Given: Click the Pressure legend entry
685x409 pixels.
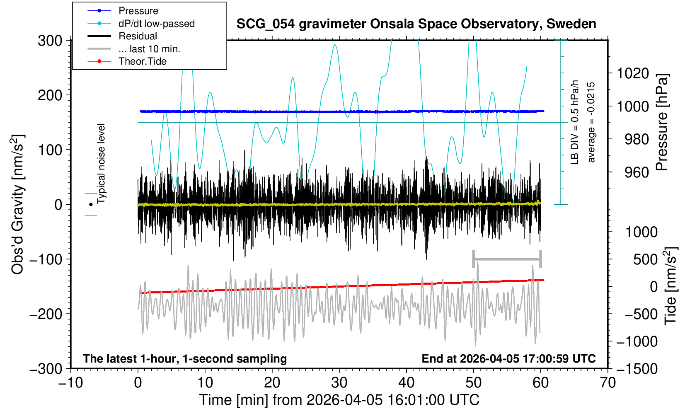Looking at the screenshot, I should (x=138, y=11).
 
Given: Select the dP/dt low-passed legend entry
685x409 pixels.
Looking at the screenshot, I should (x=156, y=24).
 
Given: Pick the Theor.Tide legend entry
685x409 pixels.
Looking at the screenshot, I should (x=142, y=61).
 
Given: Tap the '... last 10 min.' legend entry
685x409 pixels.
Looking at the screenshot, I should (x=149, y=49).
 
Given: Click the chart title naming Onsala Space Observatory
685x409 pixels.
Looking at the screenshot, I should (x=416, y=24).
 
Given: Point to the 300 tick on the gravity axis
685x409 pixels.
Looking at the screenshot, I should (x=50, y=41).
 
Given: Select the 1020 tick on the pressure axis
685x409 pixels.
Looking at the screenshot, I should (x=633, y=73).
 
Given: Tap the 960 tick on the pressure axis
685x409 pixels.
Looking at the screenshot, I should (x=637, y=172).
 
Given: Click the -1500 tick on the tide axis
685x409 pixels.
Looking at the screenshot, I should (x=637, y=369).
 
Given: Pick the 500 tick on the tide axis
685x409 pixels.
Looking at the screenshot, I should (x=645, y=259).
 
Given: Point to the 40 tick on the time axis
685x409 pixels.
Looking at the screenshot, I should (x=407, y=382).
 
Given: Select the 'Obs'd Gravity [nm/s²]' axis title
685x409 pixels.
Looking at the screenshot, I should (x=17, y=204).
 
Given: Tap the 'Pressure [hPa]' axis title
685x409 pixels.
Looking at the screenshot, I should (x=662, y=122).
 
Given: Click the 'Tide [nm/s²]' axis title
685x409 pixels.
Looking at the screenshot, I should (x=670, y=286).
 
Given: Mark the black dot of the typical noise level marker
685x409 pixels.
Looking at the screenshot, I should (x=91, y=204).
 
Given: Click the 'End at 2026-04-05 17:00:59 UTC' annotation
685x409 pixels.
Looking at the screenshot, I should (x=508, y=359).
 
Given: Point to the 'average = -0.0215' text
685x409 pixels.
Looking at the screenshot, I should (x=591, y=122).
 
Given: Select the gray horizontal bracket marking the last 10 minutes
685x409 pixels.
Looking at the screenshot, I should (x=507, y=259).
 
